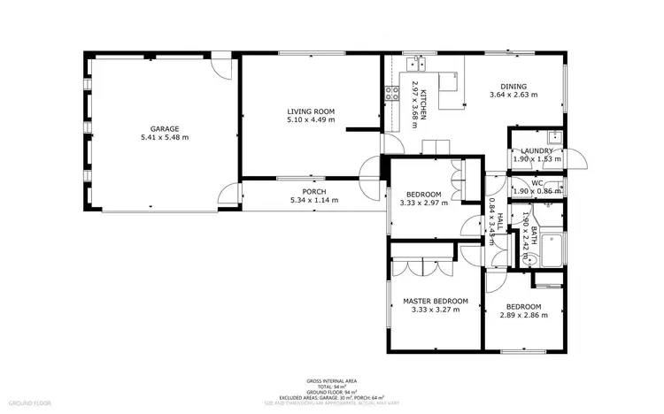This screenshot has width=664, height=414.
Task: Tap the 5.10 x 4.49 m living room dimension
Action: pyautogui.click(x=311, y=120)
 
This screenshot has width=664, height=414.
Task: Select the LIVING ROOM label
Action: pyautogui.click(x=311, y=111)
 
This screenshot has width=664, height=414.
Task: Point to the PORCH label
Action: pyautogui.click(x=313, y=191)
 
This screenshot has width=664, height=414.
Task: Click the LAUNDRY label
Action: pyautogui.click(x=537, y=151)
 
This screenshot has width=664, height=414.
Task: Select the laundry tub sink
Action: pyautogui.click(x=554, y=136)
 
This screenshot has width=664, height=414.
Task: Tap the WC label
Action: pyautogui.click(x=537, y=183)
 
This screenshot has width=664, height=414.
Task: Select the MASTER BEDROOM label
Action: pyautogui.click(x=435, y=302)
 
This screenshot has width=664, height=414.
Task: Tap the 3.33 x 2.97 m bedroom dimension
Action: pyautogui.click(x=423, y=203)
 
